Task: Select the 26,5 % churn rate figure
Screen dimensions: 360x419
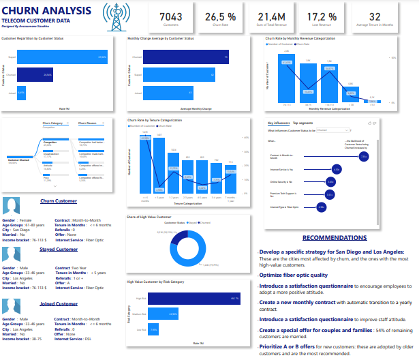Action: click(x=216, y=17)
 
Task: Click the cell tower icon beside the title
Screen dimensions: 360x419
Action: click(x=116, y=15)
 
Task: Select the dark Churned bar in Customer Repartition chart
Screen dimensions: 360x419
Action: click(x=35, y=74)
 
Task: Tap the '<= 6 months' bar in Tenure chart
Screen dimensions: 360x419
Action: click(x=145, y=163)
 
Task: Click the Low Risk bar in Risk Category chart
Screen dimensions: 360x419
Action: click(x=154, y=329)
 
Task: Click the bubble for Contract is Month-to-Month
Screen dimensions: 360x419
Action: click(x=363, y=156)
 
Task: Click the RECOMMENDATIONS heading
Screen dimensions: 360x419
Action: click(x=334, y=238)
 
